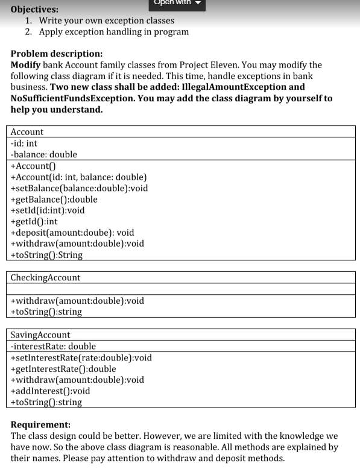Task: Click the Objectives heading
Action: point(35,9)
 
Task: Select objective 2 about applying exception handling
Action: point(113,31)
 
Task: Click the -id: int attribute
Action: point(25,143)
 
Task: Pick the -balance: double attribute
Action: point(44,154)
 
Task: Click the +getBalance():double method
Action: point(54,199)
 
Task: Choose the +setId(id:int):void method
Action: point(48,210)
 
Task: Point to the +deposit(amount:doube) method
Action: point(72,232)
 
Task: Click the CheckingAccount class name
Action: point(46,278)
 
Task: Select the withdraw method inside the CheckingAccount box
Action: point(77,300)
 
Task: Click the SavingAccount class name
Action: point(40,335)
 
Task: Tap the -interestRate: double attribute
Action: point(53,346)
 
